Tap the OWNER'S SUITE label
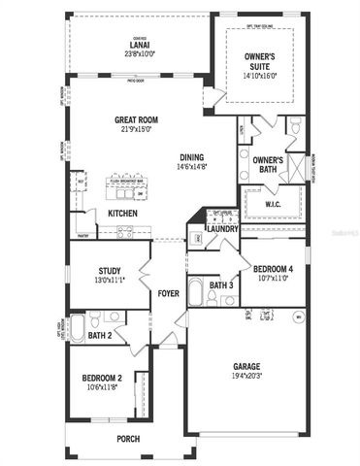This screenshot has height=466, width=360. coord(260,61)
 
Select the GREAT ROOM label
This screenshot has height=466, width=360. coord(137,120)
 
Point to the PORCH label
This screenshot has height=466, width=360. coord(128,439)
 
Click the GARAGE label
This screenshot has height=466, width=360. coord(246,366)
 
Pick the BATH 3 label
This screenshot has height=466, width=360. coord(220,285)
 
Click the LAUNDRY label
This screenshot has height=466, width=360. coord(222,228)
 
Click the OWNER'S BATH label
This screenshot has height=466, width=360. coord(268,165)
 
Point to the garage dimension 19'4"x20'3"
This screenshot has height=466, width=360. coord(246,376)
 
